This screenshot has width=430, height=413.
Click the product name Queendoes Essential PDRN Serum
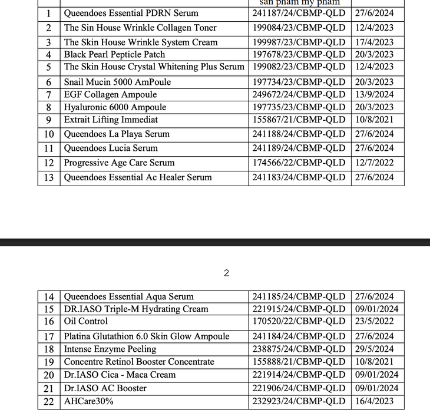(131, 13)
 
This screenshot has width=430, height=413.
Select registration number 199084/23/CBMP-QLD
(299, 28)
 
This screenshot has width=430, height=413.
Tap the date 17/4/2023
(374, 42)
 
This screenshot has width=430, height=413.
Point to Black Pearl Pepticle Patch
(114, 55)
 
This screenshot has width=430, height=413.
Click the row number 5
(49, 67)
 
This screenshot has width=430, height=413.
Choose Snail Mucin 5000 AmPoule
(117, 82)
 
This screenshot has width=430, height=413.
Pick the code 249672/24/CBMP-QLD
(299, 94)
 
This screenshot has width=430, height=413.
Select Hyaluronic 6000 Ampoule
(115, 107)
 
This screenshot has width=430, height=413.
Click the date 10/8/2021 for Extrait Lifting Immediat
(374, 120)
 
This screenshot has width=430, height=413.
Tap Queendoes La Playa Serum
(117, 134)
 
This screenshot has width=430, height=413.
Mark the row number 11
(49, 148)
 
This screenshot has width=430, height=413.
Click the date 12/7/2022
(374, 163)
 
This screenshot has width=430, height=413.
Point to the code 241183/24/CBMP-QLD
(299, 177)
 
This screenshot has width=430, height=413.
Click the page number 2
(226, 273)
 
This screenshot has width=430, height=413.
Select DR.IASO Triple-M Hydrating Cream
(136, 309)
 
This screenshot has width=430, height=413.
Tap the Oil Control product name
(86, 321)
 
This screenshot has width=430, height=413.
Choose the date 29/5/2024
(374, 349)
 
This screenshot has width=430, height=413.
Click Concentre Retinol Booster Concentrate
(139, 362)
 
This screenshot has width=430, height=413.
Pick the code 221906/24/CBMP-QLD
(299, 388)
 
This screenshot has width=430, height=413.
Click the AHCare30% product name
(89, 401)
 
